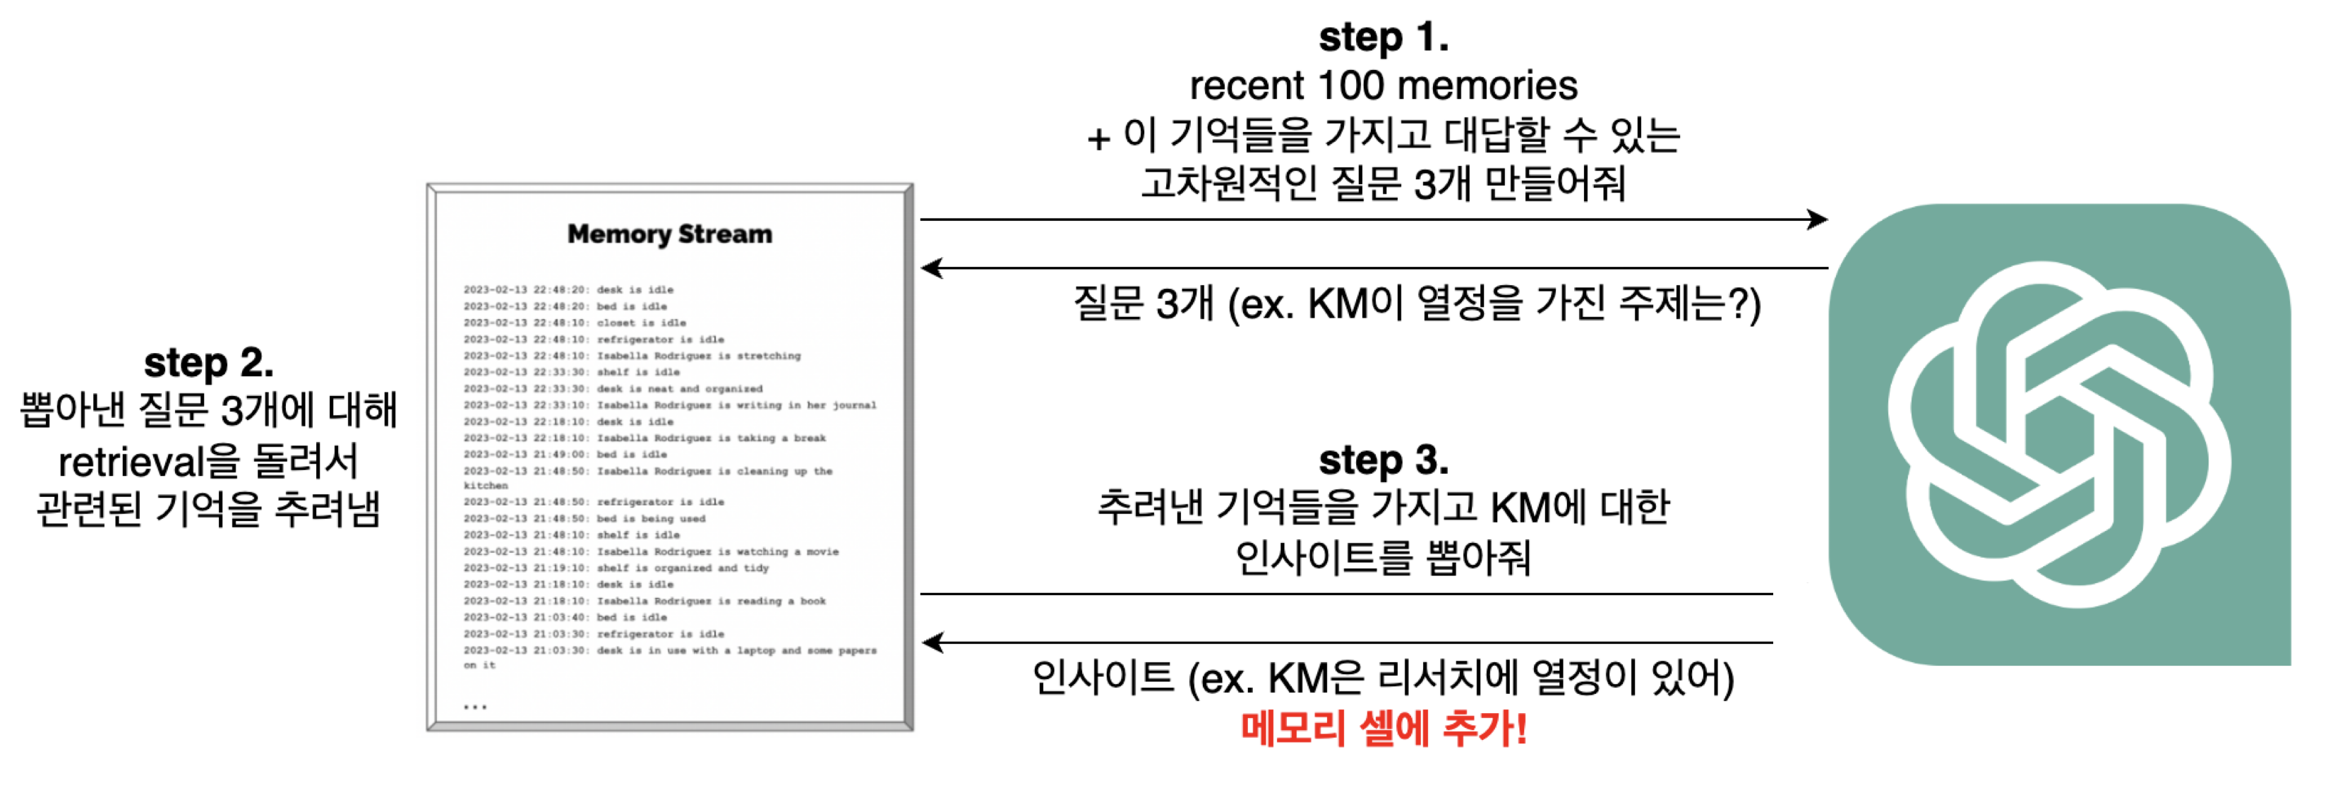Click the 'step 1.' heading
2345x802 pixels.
point(1383,38)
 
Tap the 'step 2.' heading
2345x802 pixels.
point(208,362)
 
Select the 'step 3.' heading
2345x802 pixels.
point(1383,460)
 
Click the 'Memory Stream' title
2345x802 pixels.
point(669,234)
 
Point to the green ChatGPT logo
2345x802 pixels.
point(2059,434)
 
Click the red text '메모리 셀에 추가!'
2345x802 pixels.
point(1383,729)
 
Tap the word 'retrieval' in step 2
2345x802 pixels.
point(133,462)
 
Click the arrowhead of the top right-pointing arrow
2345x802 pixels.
point(1817,220)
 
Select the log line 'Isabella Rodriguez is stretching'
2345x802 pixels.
point(632,356)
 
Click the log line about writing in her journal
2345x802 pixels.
point(669,405)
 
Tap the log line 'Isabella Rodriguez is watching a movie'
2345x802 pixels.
point(651,551)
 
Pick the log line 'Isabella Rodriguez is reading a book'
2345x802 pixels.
point(644,601)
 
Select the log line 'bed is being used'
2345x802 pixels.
point(584,519)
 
